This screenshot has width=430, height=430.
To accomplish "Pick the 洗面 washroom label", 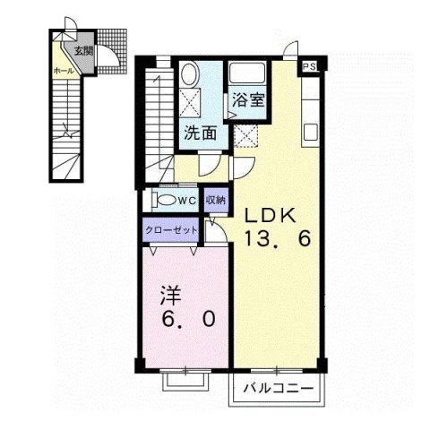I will click(x=201, y=134).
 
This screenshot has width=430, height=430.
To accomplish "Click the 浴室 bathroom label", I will click(x=247, y=99).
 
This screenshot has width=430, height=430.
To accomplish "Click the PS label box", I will click(x=309, y=66).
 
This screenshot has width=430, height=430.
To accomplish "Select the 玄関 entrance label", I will click(x=83, y=50).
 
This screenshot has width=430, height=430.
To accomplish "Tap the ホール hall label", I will click(x=64, y=69).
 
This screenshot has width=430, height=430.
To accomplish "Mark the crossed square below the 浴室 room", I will click(x=247, y=135).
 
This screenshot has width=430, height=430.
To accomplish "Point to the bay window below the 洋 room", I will click(x=186, y=379).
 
